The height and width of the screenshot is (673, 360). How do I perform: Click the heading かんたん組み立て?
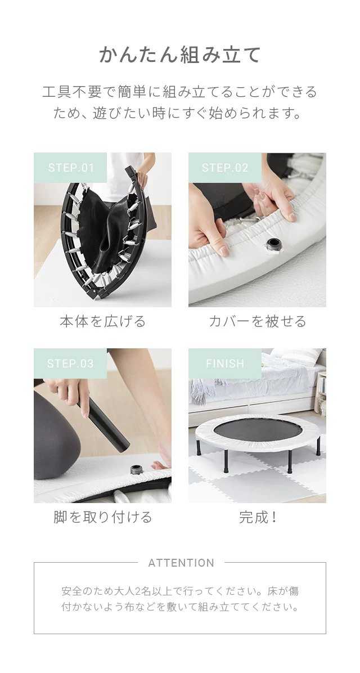[x=180, y=55]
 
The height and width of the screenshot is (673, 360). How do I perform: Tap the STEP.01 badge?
[x=70, y=168]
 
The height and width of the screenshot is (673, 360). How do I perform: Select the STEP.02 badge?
[x=225, y=168]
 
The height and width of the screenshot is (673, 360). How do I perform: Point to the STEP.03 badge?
[x=70, y=364]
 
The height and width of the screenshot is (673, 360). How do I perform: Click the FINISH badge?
[x=225, y=364]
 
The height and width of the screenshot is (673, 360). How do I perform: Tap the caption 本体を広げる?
[x=103, y=321]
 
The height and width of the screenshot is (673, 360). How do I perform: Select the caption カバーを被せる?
[x=257, y=321]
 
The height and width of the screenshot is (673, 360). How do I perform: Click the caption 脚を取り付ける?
[x=103, y=517]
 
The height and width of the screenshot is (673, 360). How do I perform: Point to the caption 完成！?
[x=258, y=517]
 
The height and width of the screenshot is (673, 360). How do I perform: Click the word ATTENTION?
[x=181, y=563]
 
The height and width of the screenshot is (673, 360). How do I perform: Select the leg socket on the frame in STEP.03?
[x=137, y=469]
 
